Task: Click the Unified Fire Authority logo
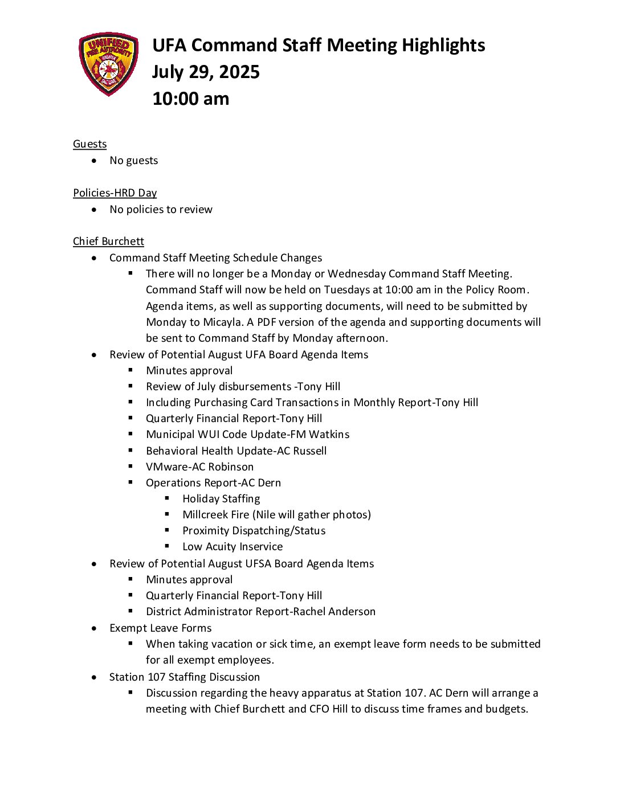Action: [x=108, y=64]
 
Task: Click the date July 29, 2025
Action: [x=206, y=72]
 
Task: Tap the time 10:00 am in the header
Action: [x=191, y=99]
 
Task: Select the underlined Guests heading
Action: [x=89, y=144]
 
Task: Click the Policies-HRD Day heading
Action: [x=115, y=193]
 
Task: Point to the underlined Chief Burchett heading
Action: [x=108, y=242]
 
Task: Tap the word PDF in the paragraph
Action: [x=266, y=322]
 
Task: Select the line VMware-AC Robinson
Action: [x=199, y=467]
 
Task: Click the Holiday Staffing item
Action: [x=221, y=499]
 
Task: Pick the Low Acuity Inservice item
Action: [x=232, y=547]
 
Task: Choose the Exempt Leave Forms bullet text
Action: [x=160, y=628]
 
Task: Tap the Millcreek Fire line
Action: [x=276, y=515]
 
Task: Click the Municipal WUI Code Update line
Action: [x=247, y=435]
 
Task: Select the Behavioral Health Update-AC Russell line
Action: [x=236, y=451]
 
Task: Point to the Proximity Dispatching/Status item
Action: [x=254, y=531]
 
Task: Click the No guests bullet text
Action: [x=133, y=161]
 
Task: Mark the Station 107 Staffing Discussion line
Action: [x=184, y=677]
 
